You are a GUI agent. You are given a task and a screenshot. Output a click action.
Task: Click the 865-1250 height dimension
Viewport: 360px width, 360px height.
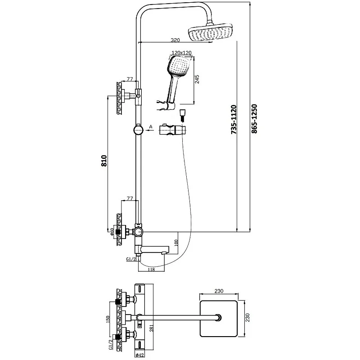click(x=255, y=118)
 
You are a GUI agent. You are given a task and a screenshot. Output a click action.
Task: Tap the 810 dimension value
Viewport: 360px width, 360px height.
click(x=104, y=161)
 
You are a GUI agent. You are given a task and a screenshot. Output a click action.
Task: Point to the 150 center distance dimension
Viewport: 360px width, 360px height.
click(x=106, y=318)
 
